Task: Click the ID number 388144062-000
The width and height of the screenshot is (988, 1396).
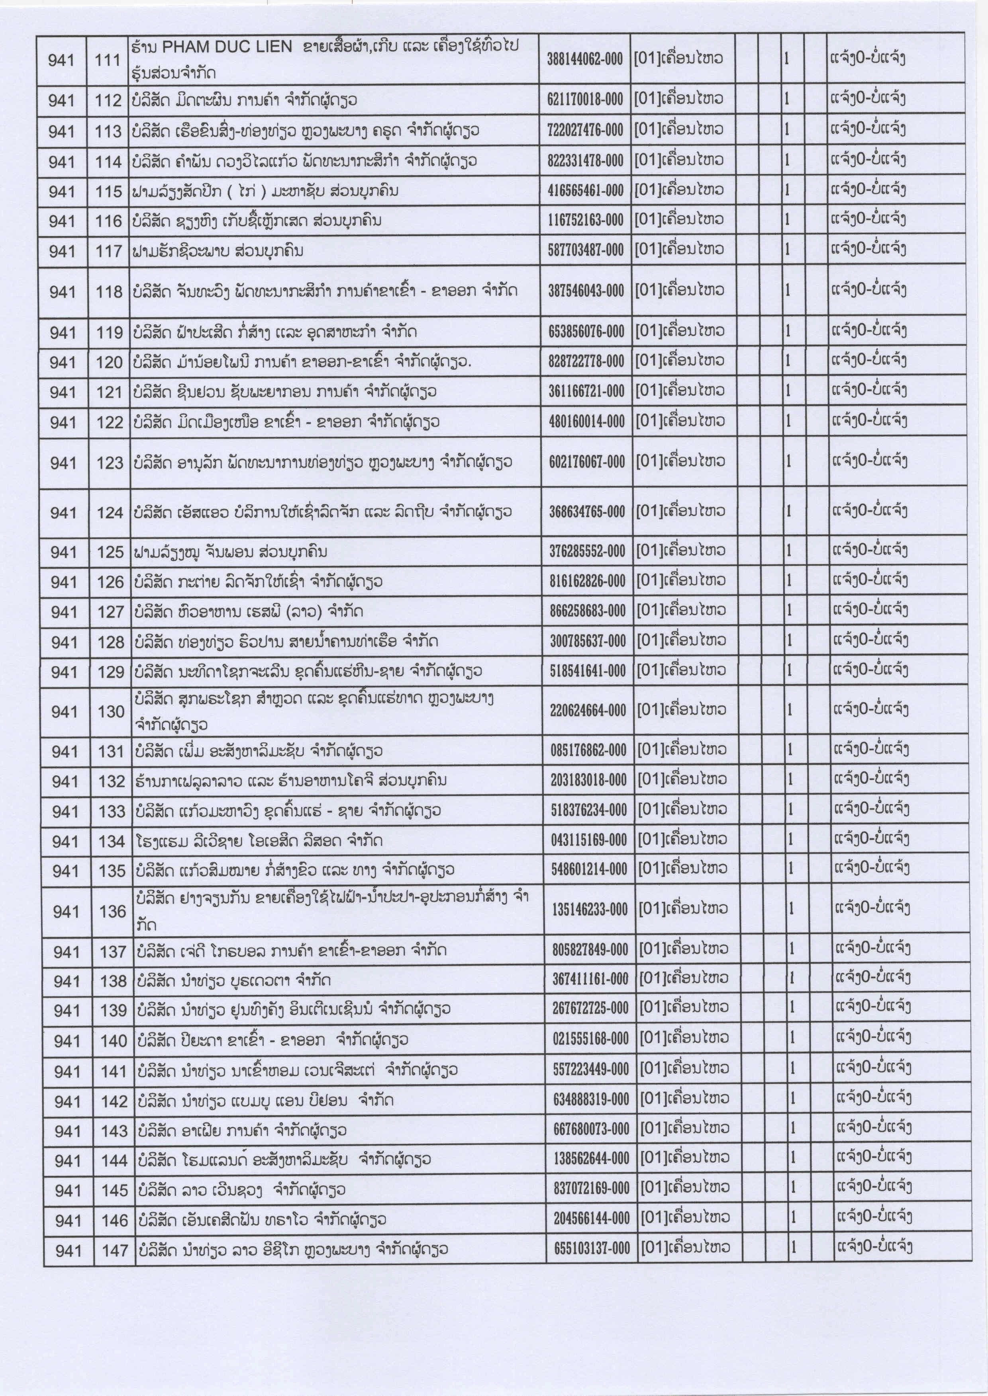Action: [x=585, y=59]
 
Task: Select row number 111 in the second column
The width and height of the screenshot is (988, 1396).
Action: [x=108, y=60]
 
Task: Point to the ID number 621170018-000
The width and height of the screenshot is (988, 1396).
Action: [x=585, y=99]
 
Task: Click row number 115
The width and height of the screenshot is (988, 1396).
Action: [x=109, y=191]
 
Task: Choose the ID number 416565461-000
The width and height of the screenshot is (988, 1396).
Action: [x=585, y=190]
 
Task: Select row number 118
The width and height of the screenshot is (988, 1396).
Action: [x=110, y=292]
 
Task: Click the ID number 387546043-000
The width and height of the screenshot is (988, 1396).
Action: [x=586, y=291]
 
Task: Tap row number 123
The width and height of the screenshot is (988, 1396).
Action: [x=110, y=463]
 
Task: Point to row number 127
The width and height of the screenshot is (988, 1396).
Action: [x=111, y=612]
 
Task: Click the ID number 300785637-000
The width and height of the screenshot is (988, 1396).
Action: [x=588, y=640]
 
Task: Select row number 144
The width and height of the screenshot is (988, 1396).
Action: [x=114, y=1160]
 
